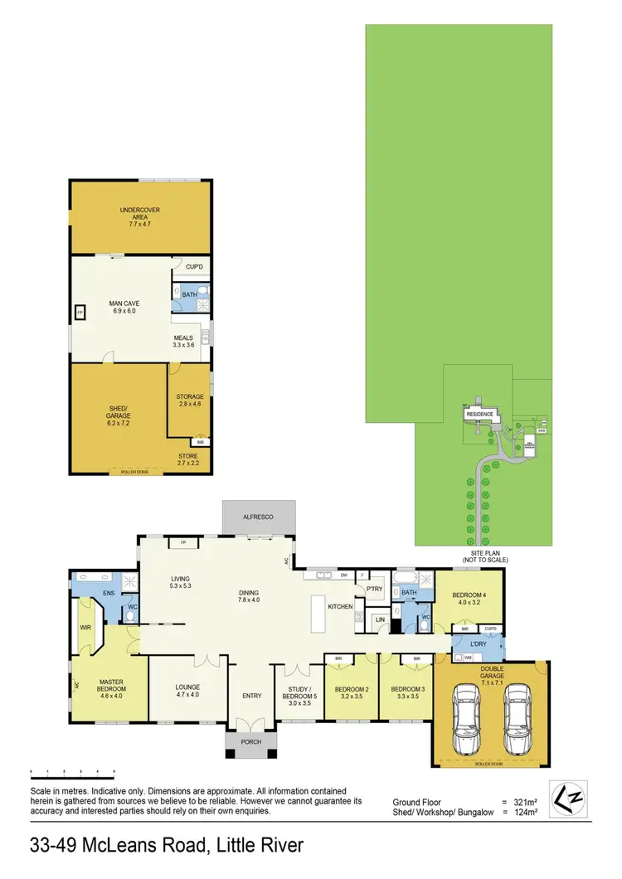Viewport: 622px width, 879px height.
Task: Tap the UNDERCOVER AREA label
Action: [138, 218]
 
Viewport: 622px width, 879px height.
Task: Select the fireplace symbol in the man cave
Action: [80, 313]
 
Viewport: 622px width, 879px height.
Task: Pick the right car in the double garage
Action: [517, 714]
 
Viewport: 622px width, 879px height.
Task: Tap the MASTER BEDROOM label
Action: [111, 685]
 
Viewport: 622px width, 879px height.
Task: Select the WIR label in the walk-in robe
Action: [83, 628]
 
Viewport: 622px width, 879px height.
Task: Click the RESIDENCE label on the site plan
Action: [479, 414]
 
